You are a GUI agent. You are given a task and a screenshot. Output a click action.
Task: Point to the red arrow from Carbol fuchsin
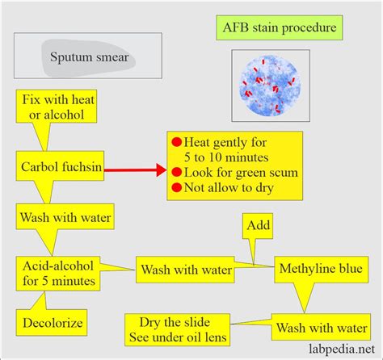(x=134, y=170)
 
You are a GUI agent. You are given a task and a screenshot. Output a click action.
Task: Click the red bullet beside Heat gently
(x=176, y=138)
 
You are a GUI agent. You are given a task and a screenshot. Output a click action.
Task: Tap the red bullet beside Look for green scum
(x=176, y=171)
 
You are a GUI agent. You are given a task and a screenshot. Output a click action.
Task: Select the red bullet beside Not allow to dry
(x=176, y=188)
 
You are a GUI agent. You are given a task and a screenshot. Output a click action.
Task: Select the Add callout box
(x=259, y=227)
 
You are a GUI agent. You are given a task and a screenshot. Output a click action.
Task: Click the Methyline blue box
(x=319, y=268)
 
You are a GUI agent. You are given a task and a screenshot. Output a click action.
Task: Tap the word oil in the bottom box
(x=213, y=336)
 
